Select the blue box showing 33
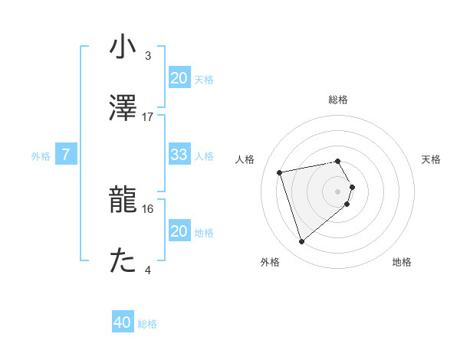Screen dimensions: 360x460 pyautogui.click(x=179, y=155)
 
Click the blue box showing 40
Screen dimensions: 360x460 pyautogui.click(x=123, y=322)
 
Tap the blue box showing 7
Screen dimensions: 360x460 pyautogui.click(x=66, y=155)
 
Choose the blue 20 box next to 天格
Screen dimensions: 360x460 pyautogui.click(x=179, y=77)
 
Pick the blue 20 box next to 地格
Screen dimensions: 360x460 pyautogui.click(x=179, y=231)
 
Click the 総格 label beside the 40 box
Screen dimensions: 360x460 pyautogui.click(x=148, y=324)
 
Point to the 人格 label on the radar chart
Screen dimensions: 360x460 pyautogui.click(x=246, y=159)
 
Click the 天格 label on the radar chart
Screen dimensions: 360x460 pyautogui.click(x=431, y=159)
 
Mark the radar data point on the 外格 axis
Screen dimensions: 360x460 pyautogui.click(x=302, y=241)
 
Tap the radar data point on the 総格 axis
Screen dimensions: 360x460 pyautogui.click(x=337, y=161)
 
